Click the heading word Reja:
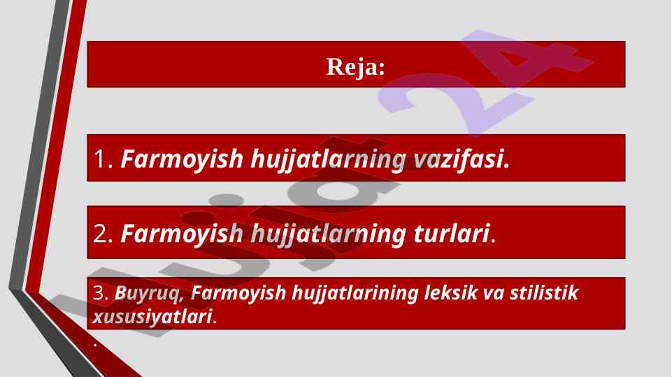coord(356,67)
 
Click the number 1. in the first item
coord(103,158)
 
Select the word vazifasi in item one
coord(462,158)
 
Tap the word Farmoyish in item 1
coord(182,160)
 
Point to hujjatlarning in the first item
coord(328,160)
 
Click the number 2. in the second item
coord(103,234)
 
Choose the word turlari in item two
coord(452,234)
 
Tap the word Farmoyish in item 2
coord(182,235)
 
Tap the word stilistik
coord(544,293)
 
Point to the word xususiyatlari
coord(152,317)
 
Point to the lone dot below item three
coord(95,344)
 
